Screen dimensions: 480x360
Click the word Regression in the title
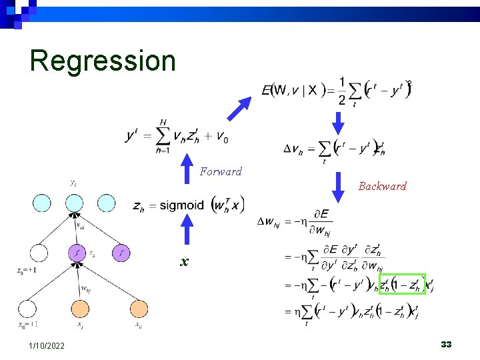coord(103,61)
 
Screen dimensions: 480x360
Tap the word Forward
coord(221,172)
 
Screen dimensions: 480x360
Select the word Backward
coord(382,187)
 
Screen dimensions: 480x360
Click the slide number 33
coord(446,345)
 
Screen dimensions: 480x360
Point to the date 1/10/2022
coord(47,345)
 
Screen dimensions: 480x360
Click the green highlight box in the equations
coord(402,283)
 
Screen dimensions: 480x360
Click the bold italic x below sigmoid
coord(183,262)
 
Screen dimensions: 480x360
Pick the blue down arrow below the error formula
coord(338,123)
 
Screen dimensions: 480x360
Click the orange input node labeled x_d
coord(139,309)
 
